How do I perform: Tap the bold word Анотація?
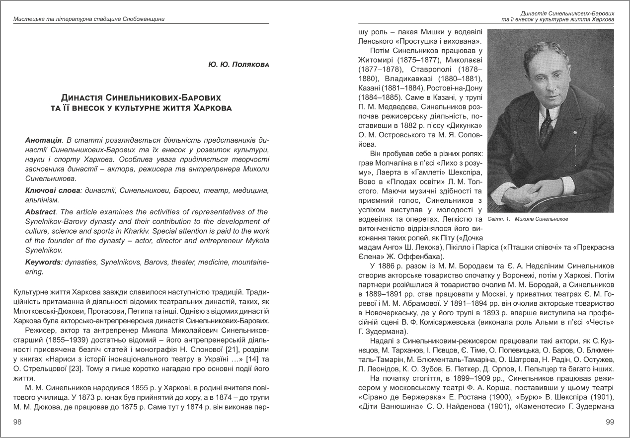pyautogui.click(x=42, y=141)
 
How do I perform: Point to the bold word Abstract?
pyautogui.click(x=41, y=212)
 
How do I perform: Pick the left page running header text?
pyautogui.click(x=89, y=19)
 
